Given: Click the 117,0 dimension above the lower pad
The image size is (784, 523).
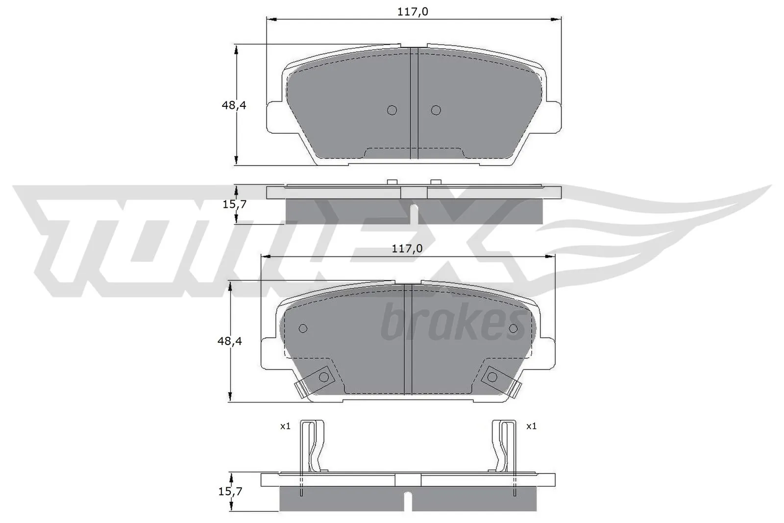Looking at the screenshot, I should [407, 249].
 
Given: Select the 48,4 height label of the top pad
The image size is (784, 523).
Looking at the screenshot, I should [234, 105].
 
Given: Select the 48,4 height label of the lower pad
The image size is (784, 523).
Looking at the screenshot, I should [230, 341].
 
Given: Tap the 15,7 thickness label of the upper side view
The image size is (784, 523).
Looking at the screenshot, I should [234, 204].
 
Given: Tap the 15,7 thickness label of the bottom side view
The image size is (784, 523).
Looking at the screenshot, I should [230, 491].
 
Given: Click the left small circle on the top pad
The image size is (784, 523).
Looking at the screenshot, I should [392, 110].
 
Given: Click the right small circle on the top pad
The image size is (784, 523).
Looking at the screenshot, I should [436, 110].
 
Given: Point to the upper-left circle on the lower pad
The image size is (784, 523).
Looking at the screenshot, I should [303, 328].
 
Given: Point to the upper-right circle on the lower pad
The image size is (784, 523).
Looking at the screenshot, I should [513, 328].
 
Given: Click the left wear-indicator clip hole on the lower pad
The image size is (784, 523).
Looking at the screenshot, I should [323, 376].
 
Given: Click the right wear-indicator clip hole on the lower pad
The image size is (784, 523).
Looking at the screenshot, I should [492, 376].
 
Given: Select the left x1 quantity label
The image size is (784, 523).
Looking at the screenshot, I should [285, 426].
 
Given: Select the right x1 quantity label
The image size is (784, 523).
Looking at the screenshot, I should [531, 426].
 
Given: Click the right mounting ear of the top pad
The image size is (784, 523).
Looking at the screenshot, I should [553, 116].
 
